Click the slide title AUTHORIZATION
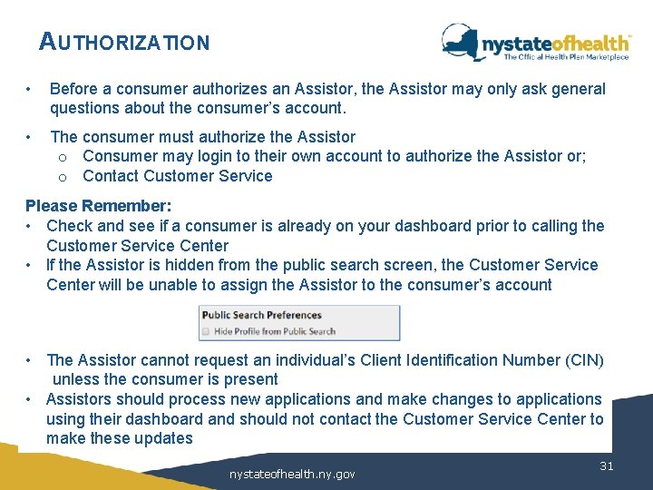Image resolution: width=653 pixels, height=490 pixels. pyautogui.click(x=124, y=42)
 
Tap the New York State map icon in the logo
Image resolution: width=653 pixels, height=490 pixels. pyautogui.click(x=461, y=41)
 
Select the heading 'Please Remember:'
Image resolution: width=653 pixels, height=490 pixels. pyautogui.click(x=98, y=206)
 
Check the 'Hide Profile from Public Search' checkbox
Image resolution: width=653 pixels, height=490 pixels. pyautogui.click(x=206, y=331)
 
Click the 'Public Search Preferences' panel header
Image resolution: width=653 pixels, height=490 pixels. pyautogui.click(x=262, y=315)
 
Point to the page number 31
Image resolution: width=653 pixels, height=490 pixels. pyautogui.click(x=608, y=465)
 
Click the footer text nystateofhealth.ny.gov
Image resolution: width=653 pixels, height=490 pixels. pyautogui.click(x=292, y=474)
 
